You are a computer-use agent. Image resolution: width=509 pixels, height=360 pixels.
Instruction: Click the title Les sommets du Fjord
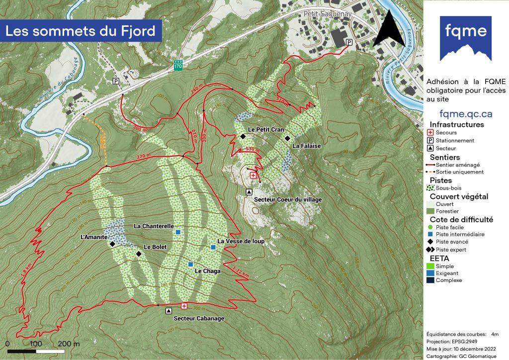point(81,31)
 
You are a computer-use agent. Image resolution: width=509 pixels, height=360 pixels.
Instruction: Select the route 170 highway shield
point(178,65)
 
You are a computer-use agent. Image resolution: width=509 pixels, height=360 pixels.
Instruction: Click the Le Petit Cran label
point(266,130)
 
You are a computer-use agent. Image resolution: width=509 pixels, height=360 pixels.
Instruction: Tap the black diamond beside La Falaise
point(287,138)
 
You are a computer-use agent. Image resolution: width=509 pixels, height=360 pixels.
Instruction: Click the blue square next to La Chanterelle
point(177,232)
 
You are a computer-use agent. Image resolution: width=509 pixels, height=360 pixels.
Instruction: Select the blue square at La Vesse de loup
point(213,247)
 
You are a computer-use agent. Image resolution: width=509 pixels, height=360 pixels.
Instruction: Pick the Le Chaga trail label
point(207,271)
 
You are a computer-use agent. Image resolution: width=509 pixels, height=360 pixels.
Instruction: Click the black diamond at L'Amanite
point(112,244)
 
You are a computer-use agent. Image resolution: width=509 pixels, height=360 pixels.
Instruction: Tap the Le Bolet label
point(155,247)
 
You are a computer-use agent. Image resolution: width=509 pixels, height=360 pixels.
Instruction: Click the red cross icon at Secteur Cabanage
point(184,306)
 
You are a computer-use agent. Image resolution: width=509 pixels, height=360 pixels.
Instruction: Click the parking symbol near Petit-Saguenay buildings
point(349,42)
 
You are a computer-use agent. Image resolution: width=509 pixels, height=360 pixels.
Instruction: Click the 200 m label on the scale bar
point(69,344)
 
